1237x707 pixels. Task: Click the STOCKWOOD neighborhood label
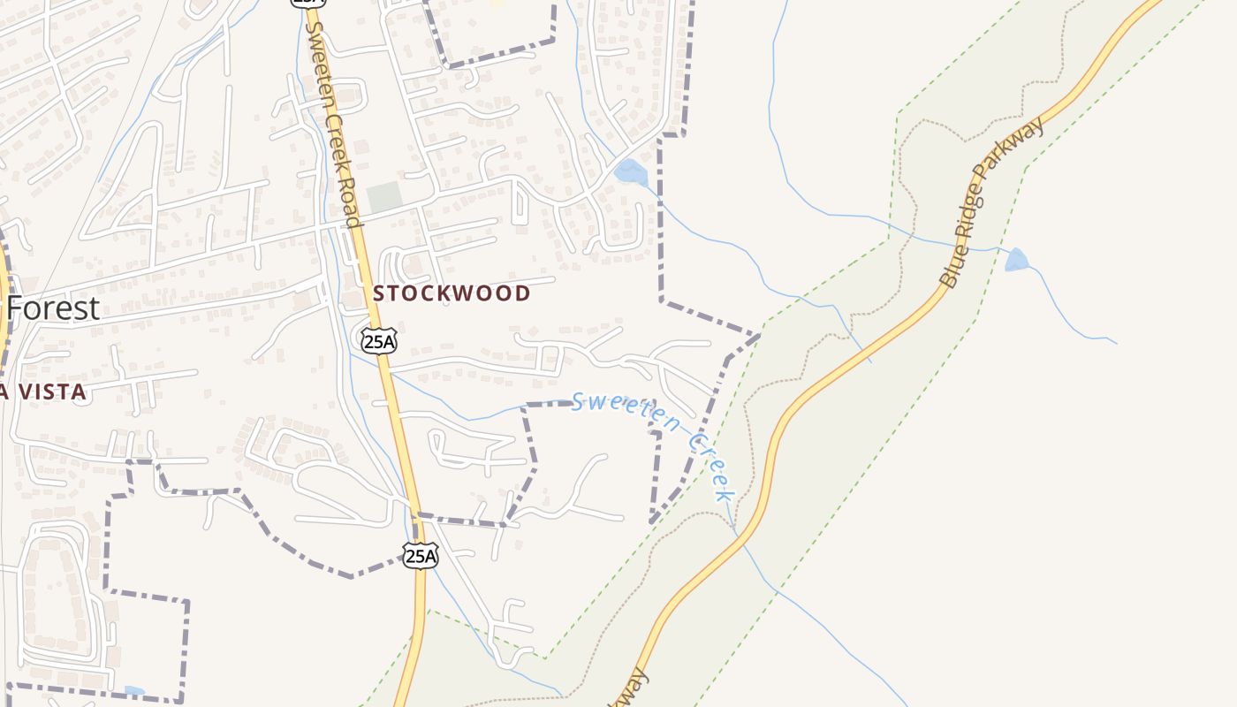(452, 293)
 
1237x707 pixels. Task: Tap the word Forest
(53, 309)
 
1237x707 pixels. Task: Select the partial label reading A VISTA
(43, 392)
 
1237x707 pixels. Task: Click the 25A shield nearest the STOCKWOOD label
(378, 339)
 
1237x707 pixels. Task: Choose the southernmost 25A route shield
(421, 555)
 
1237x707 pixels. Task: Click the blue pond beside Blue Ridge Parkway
(1016, 260)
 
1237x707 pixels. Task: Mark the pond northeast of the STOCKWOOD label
(630, 171)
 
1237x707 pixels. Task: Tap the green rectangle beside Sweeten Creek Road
(383, 197)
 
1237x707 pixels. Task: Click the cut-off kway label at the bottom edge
(631, 689)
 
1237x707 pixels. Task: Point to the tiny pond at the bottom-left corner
(134, 690)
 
